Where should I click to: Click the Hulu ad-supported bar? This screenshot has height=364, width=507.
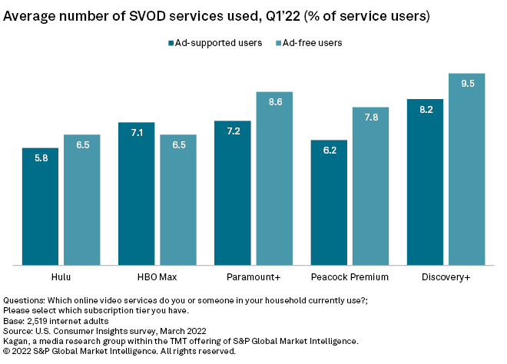click(x=40, y=207)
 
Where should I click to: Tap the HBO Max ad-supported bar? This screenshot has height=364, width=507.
click(x=136, y=194)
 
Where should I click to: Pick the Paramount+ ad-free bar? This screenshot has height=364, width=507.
click(x=274, y=178)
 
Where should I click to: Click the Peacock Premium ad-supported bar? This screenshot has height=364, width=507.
click(x=329, y=203)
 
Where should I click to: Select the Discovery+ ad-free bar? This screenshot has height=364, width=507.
click(x=467, y=169)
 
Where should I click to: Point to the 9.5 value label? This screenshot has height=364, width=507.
click(x=467, y=84)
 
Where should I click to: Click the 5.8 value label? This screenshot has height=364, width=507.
click(x=40, y=157)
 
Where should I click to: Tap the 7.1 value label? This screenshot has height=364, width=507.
click(x=136, y=132)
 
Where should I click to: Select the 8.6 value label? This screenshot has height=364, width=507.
click(x=274, y=101)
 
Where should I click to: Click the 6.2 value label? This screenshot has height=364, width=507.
click(x=329, y=150)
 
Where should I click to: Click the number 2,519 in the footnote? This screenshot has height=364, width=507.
click(x=38, y=321)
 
